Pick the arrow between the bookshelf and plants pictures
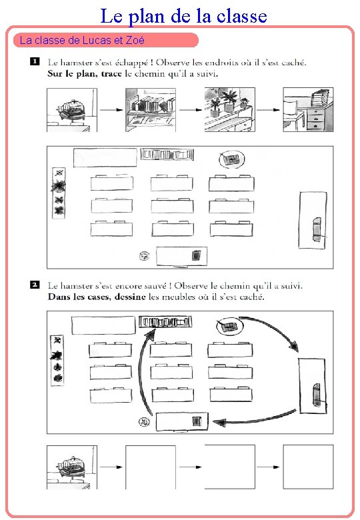coord(189,110)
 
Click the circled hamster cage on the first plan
coord(231,159)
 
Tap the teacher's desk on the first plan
coord(181,255)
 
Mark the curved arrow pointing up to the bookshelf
coord(141,373)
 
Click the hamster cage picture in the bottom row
coord(71,467)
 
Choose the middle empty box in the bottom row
coord(229,467)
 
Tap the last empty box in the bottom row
coord(307,467)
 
